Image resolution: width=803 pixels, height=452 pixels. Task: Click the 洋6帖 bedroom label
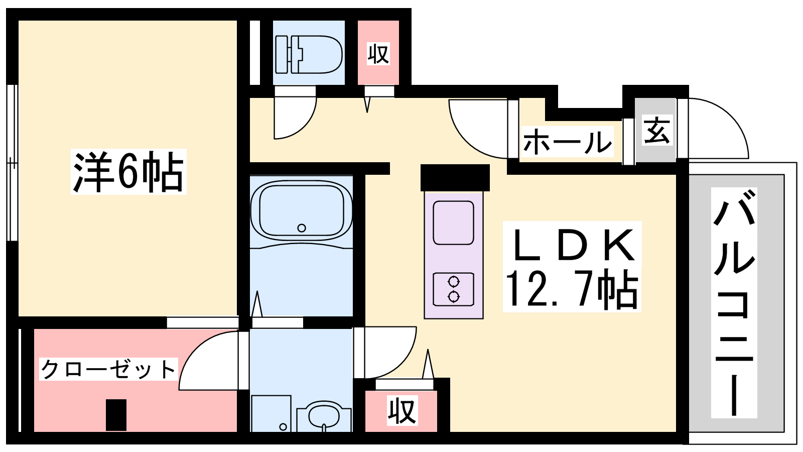pos(128,172)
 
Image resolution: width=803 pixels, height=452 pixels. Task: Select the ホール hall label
pos(567,141)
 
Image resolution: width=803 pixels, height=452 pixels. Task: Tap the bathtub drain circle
pos(302,228)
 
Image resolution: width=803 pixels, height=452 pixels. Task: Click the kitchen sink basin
pos(454,223)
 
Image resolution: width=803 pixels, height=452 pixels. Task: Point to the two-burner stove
pos(454,289)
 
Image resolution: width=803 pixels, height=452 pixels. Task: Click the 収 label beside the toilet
pos(378,54)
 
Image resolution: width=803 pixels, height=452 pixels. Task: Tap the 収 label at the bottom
pos(402,410)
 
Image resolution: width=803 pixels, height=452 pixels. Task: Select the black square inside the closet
pos(116,415)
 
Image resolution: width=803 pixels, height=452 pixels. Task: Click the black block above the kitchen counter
pos(455,178)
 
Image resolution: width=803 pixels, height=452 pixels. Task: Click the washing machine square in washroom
pos(271,414)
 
